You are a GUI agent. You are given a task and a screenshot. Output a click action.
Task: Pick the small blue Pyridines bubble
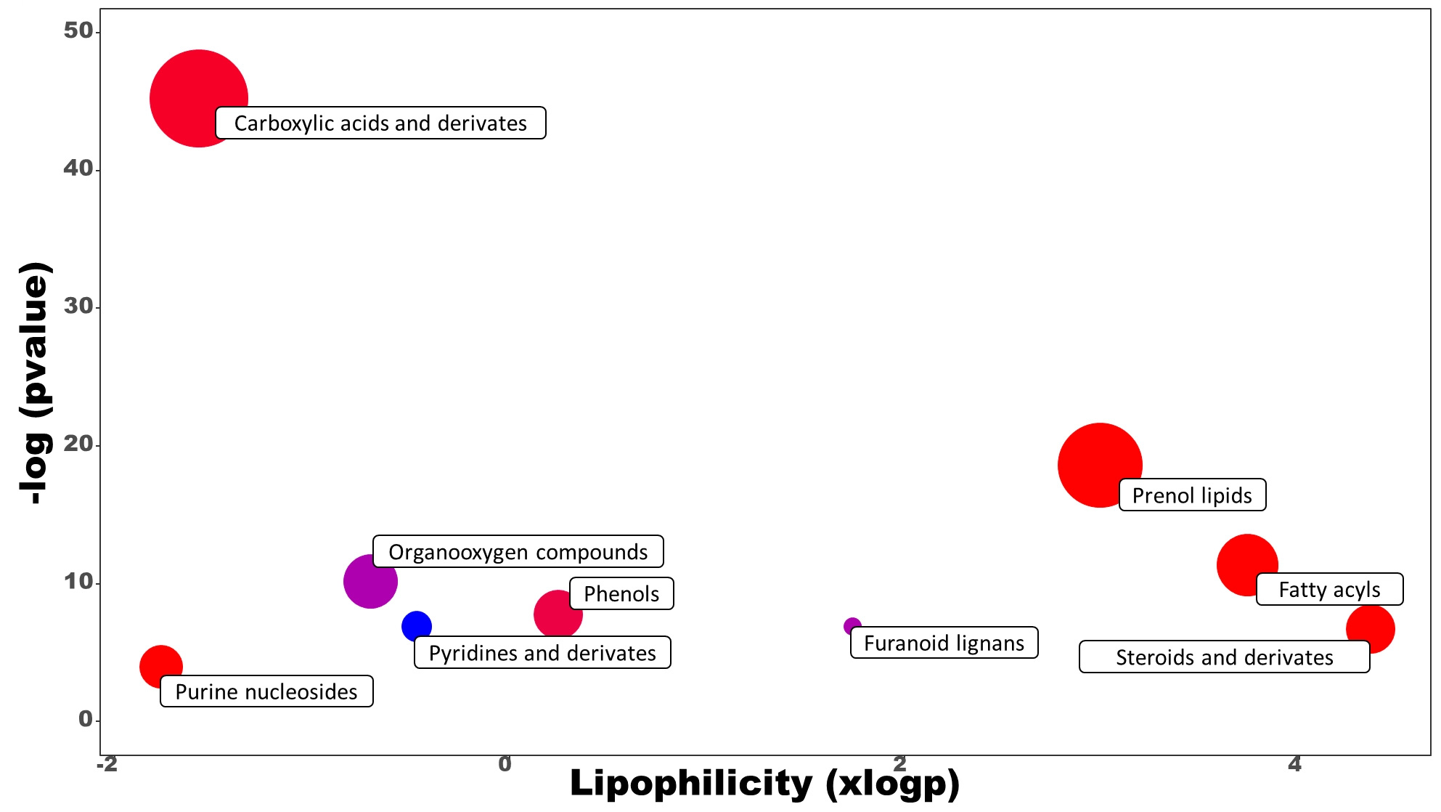click(417, 625)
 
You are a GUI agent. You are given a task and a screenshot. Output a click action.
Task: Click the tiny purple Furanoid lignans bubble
click(852, 625)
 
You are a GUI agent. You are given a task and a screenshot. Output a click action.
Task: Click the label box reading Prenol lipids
click(1192, 495)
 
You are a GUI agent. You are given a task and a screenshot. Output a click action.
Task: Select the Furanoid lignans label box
click(944, 643)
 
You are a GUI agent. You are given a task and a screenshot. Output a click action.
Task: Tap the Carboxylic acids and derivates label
click(380, 123)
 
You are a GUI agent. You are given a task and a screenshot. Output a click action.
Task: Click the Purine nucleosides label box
click(266, 691)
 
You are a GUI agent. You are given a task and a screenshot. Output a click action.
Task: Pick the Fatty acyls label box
click(1329, 589)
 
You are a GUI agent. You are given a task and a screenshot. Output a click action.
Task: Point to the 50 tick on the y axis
click(78, 31)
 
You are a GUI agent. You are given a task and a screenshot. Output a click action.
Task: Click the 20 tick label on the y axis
click(78, 444)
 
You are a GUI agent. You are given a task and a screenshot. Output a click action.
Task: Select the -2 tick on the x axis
click(107, 764)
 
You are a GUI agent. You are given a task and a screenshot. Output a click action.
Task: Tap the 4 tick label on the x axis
click(1294, 764)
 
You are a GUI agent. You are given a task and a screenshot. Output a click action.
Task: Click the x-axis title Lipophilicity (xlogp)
click(764, 784)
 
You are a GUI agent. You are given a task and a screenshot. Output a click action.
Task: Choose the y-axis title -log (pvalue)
click(35, 383)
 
